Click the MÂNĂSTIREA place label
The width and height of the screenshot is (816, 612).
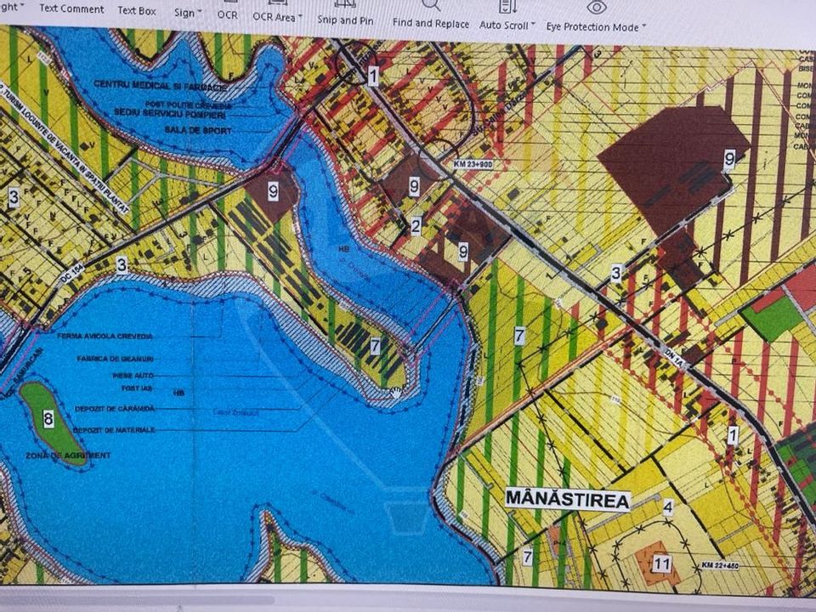[568, 499]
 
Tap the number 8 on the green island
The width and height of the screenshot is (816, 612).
[48, 418]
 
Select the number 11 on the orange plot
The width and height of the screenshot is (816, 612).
[662, 563]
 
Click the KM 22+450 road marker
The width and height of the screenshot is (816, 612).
[722, 564]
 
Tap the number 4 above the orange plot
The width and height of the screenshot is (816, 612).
[668, 508]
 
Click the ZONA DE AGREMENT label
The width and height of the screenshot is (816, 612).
[80, 456]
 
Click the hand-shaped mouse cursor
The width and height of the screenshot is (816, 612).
[396, 393]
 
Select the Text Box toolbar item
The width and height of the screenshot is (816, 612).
[137, 10]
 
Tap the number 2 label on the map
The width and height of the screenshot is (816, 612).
[416, 226]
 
